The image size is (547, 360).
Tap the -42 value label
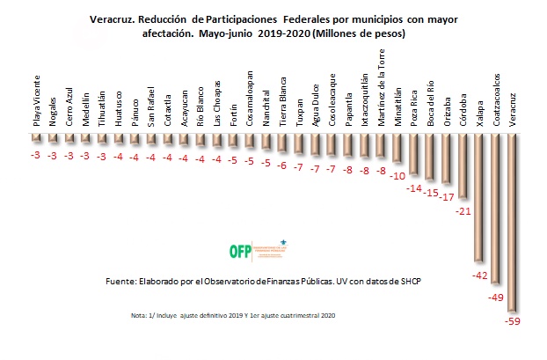479,276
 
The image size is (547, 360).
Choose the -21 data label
463,212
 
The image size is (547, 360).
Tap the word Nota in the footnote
136,315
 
